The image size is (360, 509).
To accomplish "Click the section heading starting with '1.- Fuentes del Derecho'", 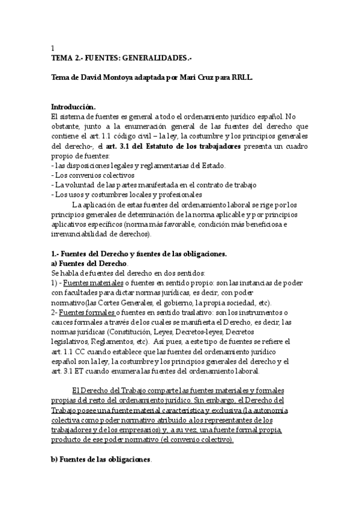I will pyautogui.click(x=139, y=253).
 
